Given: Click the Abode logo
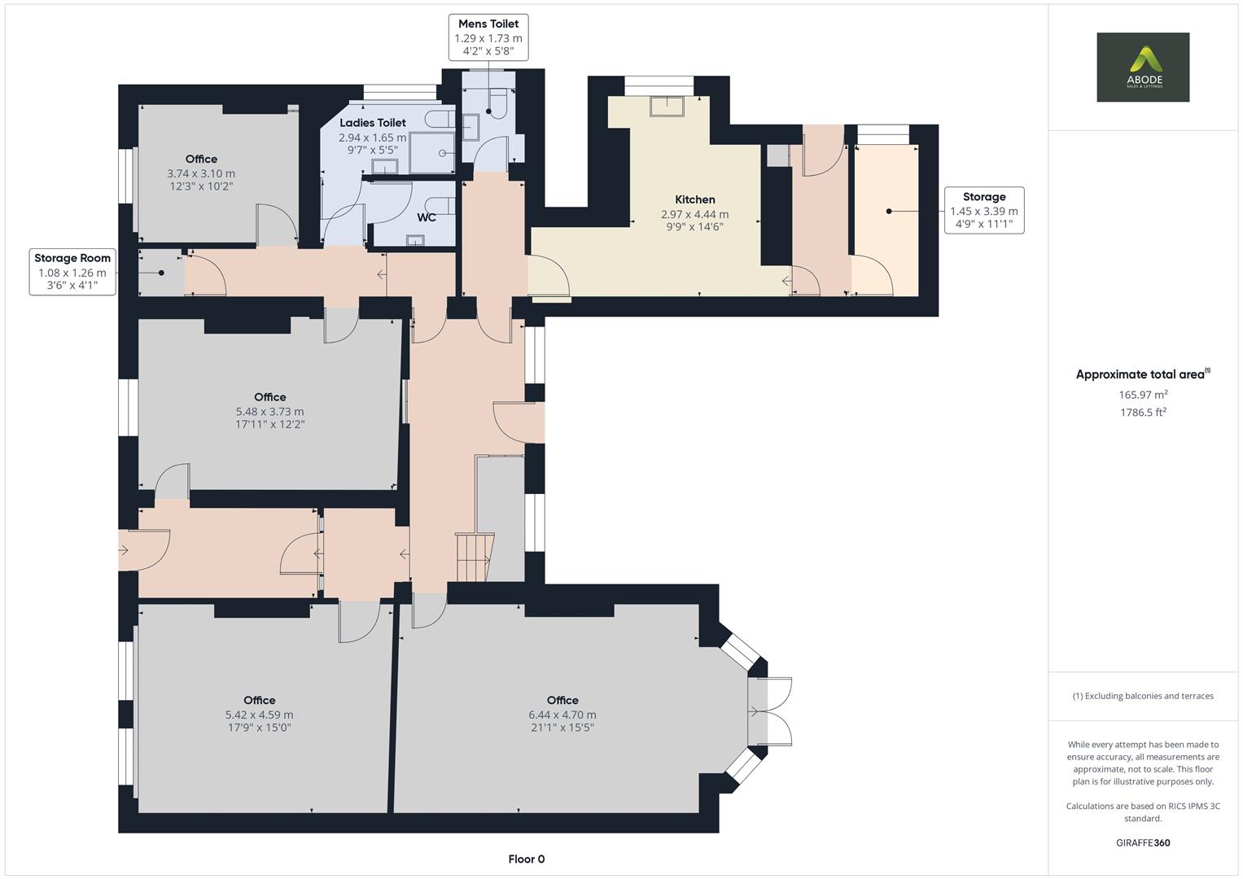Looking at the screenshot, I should click(x=1142, y=67).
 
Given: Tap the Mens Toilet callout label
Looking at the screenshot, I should click(x=488, y=37).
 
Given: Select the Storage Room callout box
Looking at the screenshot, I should click(x=72, y=272).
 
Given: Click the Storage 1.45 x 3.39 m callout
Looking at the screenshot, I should click(x=983, y=210).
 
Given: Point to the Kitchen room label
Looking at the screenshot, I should click(x=694, y=199).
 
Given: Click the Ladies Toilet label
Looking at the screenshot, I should click(x=372, y=123).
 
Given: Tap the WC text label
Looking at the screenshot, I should click(x=427, y=217).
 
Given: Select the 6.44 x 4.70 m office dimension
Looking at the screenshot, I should click(x=562, y=715).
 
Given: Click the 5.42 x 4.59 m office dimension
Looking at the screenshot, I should click(x=259, y=715).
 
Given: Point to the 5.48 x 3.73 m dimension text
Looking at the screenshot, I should click(x=269, y=412).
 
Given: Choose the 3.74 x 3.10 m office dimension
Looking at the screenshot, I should click(x=201, y=173).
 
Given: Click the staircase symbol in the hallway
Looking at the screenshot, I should click(x=474, y=558).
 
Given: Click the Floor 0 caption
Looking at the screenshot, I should click(x=526, y=859).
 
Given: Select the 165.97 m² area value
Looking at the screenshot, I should click(x=1143, y=395).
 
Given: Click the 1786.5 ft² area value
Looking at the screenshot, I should click(x=1143, y=413).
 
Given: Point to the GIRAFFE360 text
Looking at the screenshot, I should click(x=1143, y=842).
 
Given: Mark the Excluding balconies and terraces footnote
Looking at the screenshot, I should click(x=1143, y=696).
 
